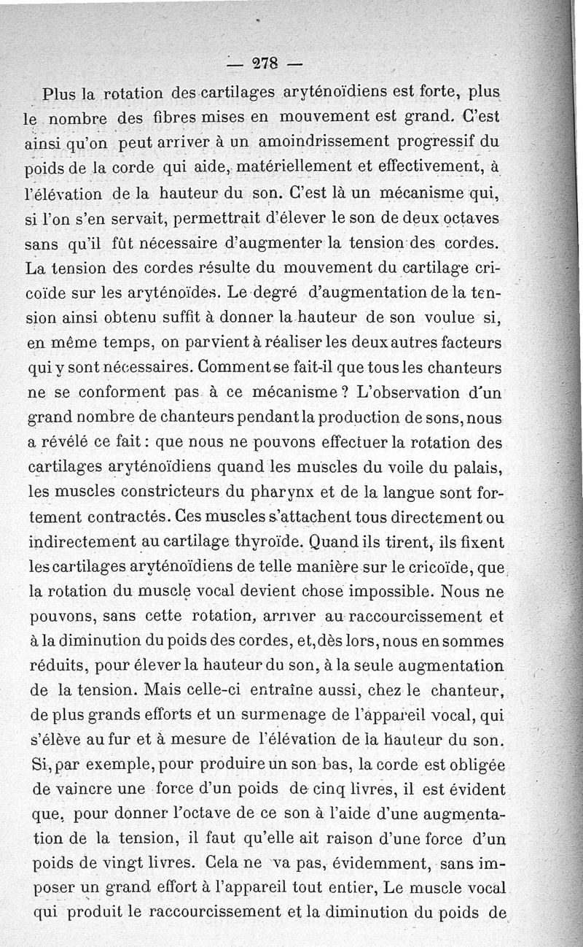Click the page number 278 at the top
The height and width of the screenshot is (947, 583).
(x=263, y=63)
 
